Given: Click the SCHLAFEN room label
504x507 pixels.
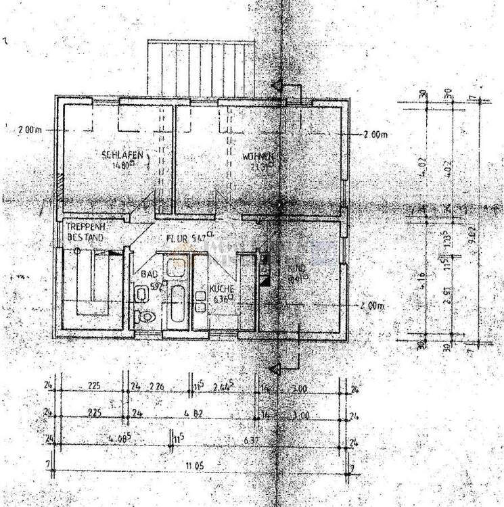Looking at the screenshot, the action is (122, 155).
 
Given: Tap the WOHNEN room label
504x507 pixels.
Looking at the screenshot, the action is (258, 157).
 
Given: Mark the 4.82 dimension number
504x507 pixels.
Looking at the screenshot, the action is (203, 412).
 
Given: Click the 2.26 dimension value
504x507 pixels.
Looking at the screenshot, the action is (157, 387).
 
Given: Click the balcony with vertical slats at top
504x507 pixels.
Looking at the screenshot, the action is (200, 69).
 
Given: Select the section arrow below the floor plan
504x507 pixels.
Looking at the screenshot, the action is (276, 368).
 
